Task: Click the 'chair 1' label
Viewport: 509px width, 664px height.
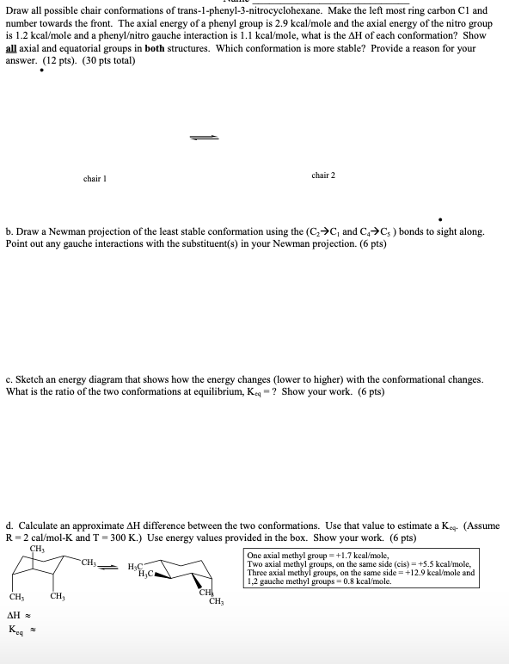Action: (x=94, y=179)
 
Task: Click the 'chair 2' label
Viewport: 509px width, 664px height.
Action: (x=323, y=175)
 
